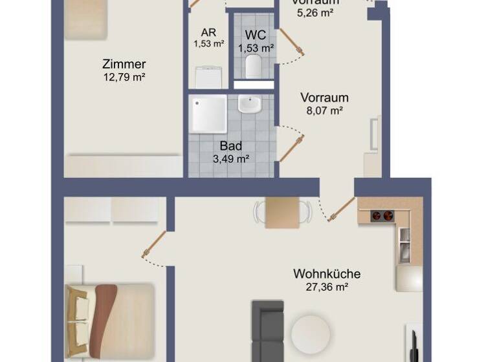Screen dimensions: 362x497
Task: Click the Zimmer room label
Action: [x=124, y=64]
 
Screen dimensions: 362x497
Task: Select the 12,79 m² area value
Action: [x=124, y=77]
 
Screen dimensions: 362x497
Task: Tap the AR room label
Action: [x=208, y=32]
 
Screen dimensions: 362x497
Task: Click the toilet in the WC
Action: [x=253, y=65]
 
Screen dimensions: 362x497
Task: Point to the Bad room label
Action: [x=231, y=146]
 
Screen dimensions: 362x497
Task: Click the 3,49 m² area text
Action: [x=231, y=158]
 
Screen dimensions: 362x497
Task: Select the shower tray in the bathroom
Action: [x=208, y=114]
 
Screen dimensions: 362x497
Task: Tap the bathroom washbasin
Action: [x=248, y=104]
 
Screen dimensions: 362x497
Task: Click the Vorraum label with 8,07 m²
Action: [x=324, y=98]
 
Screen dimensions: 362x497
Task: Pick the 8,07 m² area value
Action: [x=324, y=111]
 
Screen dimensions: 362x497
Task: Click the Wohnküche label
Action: [x=327, y=273]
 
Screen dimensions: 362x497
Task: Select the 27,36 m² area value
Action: [x=327, y=286]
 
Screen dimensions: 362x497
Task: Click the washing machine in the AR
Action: [x=208, y=77]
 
